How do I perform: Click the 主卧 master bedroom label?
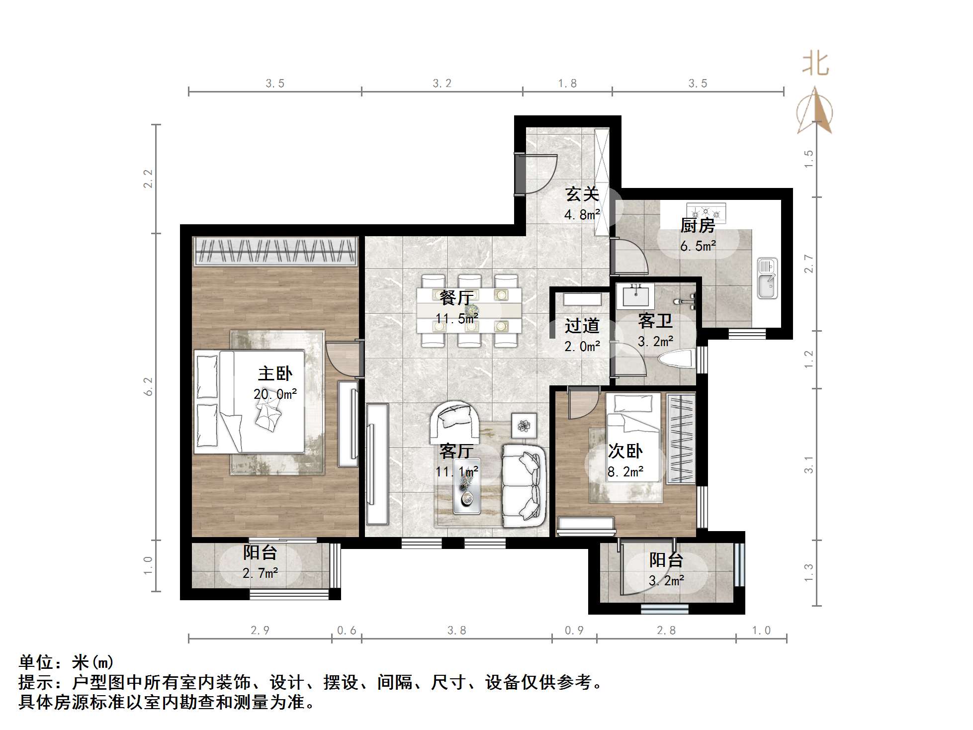point(275,373)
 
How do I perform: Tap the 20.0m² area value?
point(275,394)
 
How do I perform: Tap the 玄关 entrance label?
point(582,194)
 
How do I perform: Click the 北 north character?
point(815,65)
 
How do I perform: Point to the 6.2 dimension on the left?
point(148,386)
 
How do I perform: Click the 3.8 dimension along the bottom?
point(456,631)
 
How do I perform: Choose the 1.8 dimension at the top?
point(567,84)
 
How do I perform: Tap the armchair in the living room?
point(455,423)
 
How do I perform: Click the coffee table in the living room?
point(467,492)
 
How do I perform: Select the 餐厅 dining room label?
point(456,298)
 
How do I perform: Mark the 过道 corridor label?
point(582,326)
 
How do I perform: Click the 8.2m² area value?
point(625,472)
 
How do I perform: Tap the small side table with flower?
point(524,426)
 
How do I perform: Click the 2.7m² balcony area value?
point(260,573)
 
